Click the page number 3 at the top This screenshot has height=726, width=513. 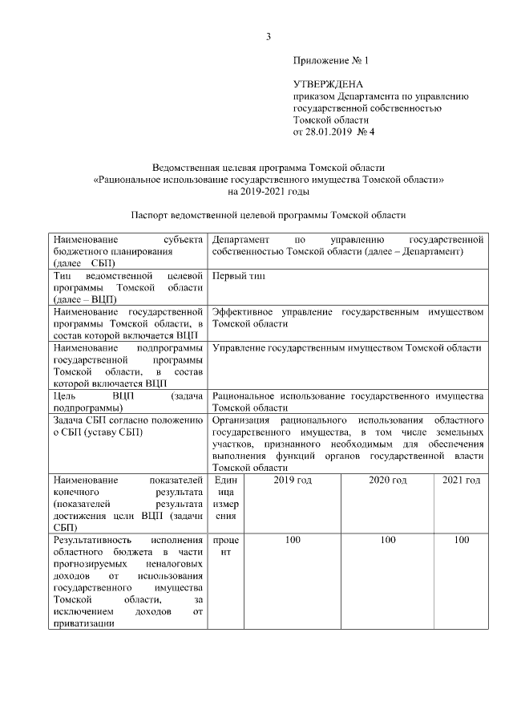point(269,37)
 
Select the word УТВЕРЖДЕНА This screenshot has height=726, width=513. point(329,84)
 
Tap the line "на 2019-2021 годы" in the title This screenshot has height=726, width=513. point(268,192)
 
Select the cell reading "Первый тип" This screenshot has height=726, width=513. point(239,276)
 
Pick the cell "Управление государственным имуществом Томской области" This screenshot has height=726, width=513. point(347,347)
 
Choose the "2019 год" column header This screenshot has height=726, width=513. point(293,480)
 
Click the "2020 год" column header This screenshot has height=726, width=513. point(388,480)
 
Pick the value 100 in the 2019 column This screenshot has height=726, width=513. point(293,541)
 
